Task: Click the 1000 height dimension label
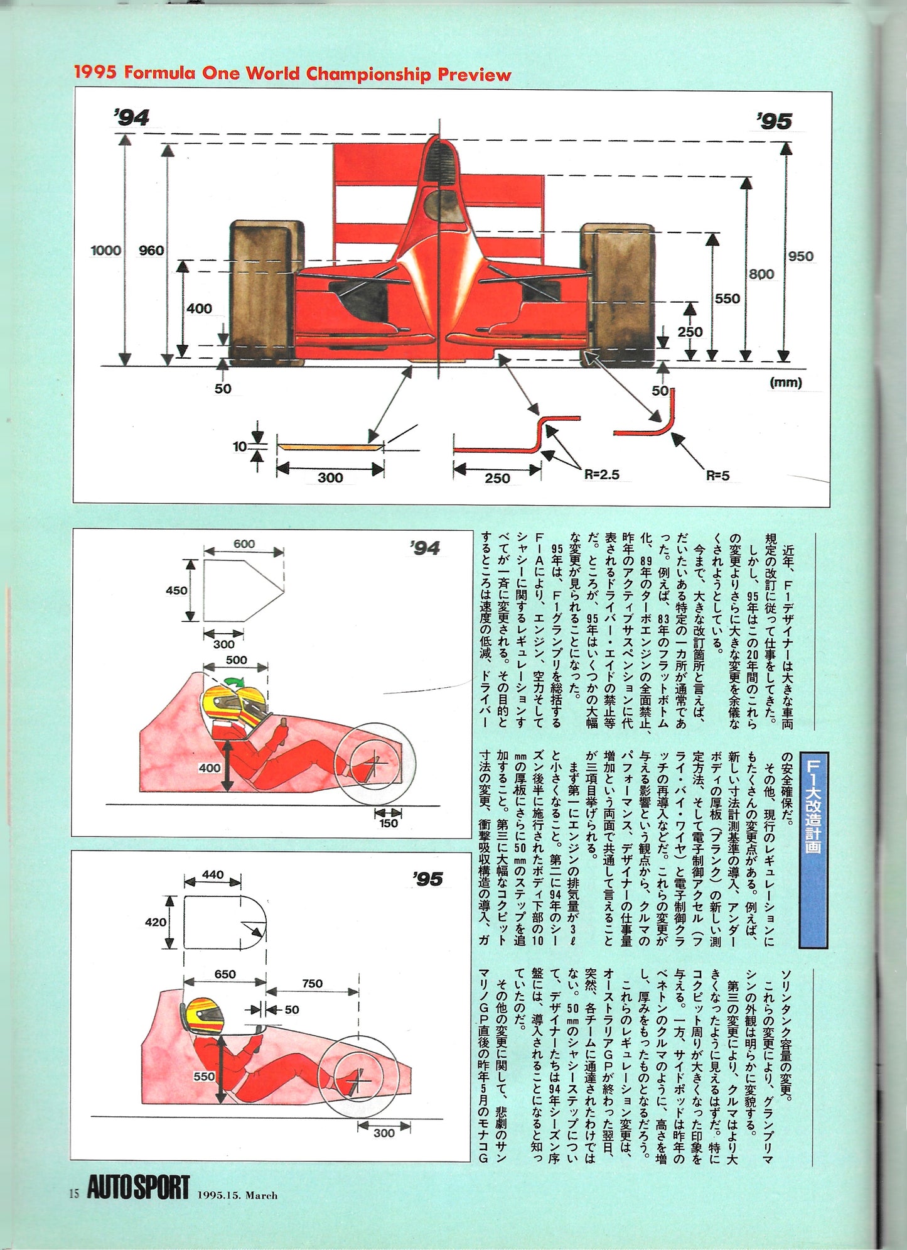105,250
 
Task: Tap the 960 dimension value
151,250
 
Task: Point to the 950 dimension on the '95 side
800,256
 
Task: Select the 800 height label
761,274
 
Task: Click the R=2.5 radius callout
601,474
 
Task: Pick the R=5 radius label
717,476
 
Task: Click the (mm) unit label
785,383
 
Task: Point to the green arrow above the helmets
235,682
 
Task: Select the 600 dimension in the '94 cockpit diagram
244,544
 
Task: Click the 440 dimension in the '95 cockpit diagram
213,874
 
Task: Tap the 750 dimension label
312,984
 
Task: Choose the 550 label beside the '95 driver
204,1076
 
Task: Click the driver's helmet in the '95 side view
205,1016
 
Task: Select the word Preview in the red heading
474,75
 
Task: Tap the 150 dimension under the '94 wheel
388,823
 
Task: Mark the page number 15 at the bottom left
74,1193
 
